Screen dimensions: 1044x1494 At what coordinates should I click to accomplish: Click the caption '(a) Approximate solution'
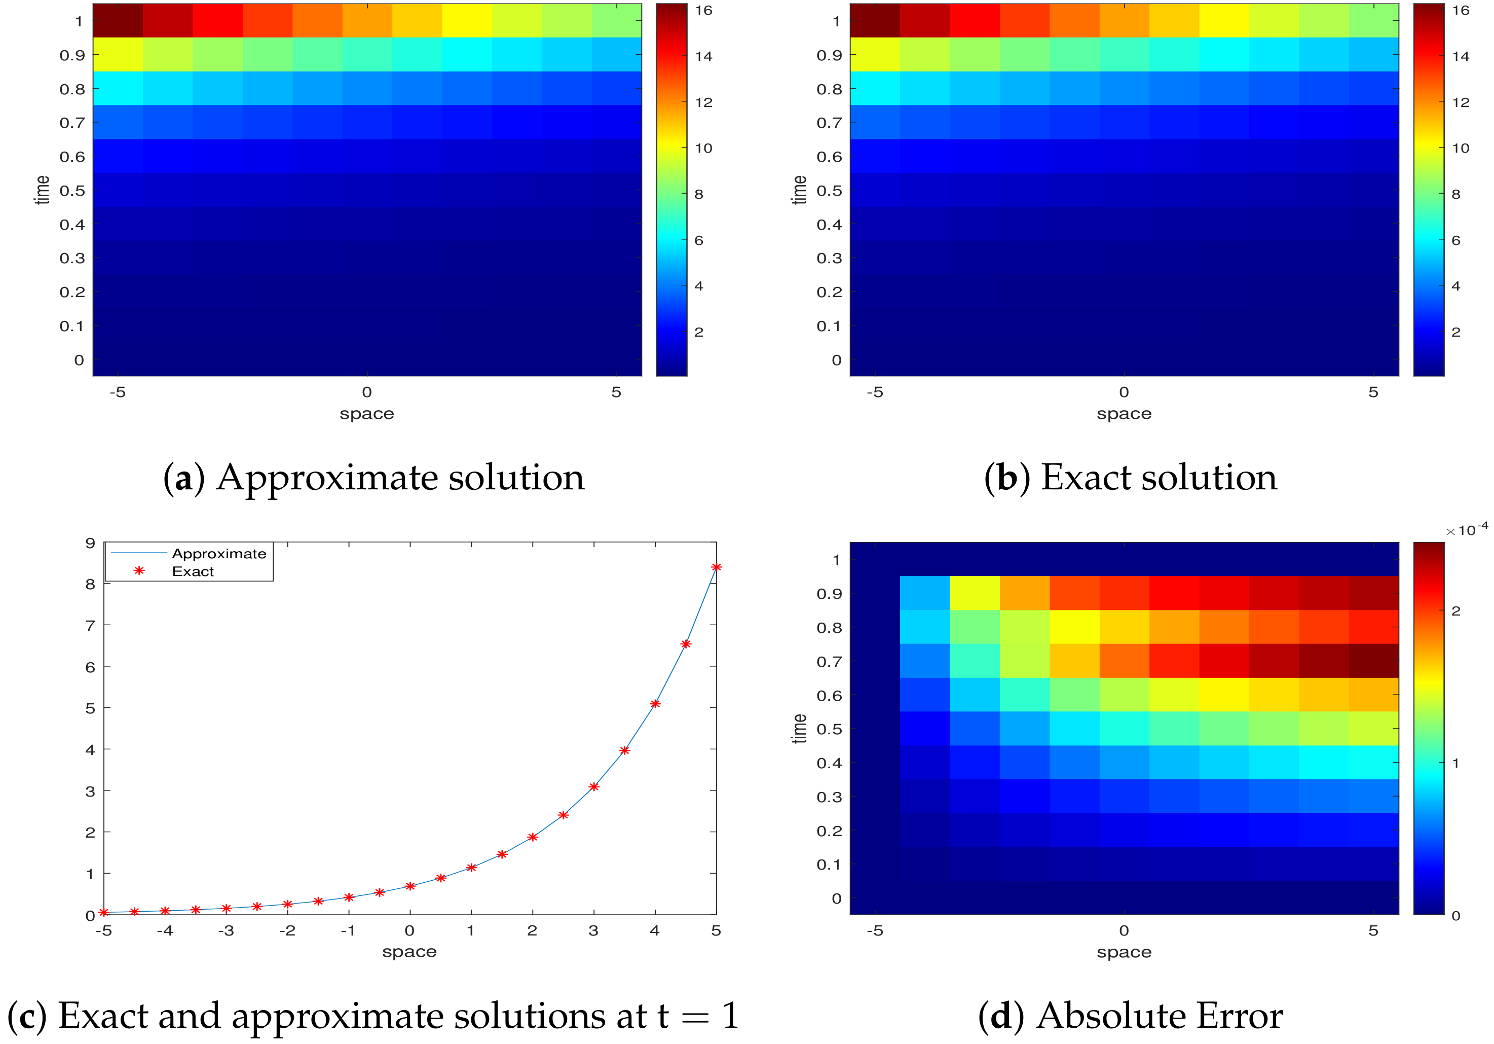click(x=373, y=478)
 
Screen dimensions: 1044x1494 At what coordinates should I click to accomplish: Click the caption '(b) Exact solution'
click(x=1130, y=478)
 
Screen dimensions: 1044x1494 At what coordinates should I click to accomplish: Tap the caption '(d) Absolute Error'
click(x=1130, y=1016)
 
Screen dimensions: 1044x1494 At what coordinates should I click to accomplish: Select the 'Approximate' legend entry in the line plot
click(x=218, y=554)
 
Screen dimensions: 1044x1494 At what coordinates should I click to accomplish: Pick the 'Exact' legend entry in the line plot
click(x=193, y=571)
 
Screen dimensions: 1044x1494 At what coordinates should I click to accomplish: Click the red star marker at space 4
click(x=655, y=704)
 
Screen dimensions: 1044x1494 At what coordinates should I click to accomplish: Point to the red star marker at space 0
click(x=410, y=886)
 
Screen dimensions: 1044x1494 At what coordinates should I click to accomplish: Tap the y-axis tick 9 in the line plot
click(x=90, y=544)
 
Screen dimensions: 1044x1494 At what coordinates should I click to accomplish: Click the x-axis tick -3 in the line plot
click(x=226, y=931)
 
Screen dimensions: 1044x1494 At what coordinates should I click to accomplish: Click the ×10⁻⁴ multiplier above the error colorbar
click(x=1466, y=530)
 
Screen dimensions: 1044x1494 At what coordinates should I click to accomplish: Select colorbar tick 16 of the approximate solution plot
click(x=703, y=11)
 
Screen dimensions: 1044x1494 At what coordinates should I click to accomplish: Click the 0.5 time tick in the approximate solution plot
click(x=72, y=191)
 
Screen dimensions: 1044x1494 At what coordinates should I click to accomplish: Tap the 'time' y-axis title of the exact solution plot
click(x=800, y=190)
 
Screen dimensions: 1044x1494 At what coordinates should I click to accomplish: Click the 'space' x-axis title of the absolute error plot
click(x=1124, y=952)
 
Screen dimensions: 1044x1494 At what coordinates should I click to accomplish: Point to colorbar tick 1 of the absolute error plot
click(x=1455, y=763)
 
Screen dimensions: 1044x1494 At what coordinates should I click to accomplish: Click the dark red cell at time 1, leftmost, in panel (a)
click(x=118, y=21)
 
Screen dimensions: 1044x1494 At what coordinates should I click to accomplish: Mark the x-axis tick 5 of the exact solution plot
click(x=1373, y=392)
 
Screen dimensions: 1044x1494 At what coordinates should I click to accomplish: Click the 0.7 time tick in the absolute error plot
click(x=829, y=662)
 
